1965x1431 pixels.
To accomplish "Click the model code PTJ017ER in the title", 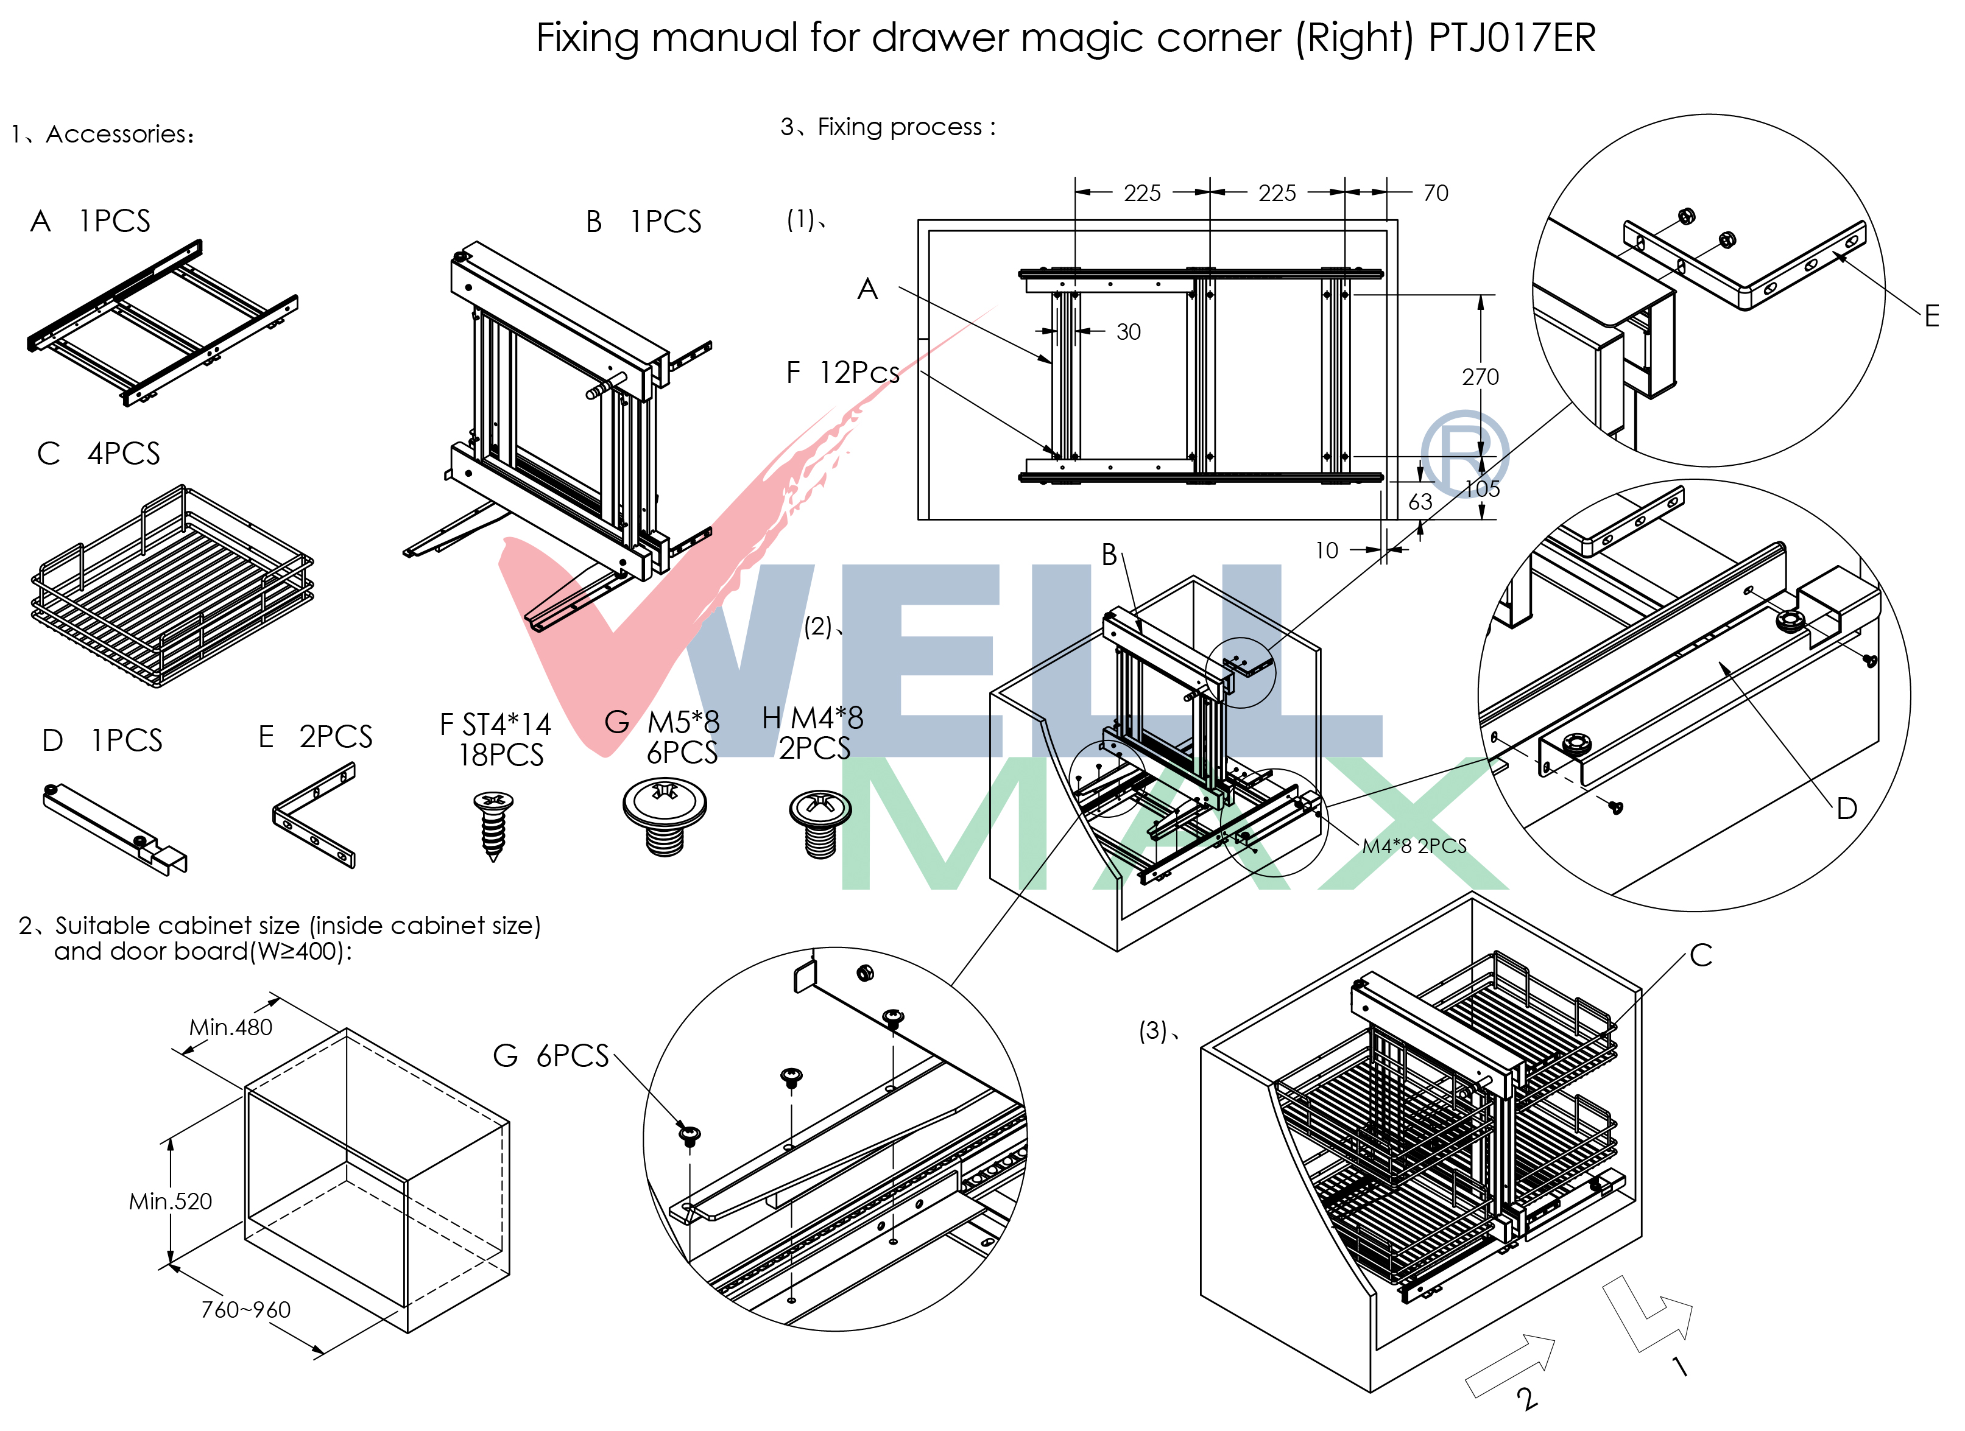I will [x=1511, y=37].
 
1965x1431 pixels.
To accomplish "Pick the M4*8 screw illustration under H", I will [x=820, y=823].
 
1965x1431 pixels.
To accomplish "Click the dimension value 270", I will [x=1480, y=377].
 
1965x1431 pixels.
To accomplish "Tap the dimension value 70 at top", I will [x=1436, y=193].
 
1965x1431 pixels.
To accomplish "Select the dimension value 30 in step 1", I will [x=1128, y=332].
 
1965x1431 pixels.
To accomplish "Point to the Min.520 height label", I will [x=170, y=1201].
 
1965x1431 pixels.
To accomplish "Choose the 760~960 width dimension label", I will [x=245, y=1310].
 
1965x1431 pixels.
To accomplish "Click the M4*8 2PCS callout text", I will [x=1414, y=846].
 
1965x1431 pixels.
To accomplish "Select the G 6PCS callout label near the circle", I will [x=551, y=1056].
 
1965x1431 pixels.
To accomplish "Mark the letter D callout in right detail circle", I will [x=1846, y=809].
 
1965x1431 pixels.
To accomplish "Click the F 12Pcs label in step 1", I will [x=842, y=373].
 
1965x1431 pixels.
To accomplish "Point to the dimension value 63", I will [x=1420, y=502].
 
